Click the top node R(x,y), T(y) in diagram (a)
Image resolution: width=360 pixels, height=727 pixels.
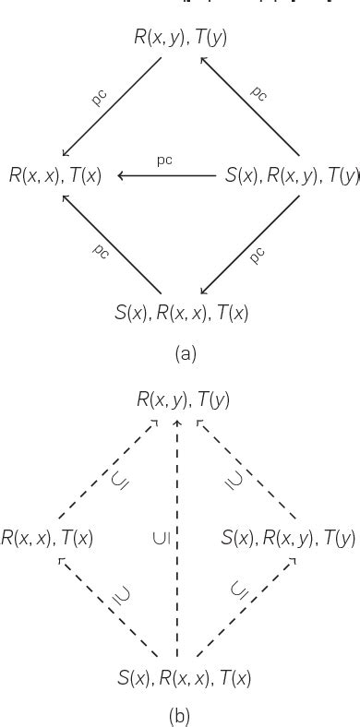[x=181, y=38]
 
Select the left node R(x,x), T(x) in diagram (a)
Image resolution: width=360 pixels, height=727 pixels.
[x=55, y=173]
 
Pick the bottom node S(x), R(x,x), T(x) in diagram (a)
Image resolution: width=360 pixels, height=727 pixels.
[x=181, y=312]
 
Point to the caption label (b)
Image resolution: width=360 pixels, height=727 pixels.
[x=181, y=714]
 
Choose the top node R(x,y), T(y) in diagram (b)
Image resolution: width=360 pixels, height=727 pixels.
[x=183, y=399]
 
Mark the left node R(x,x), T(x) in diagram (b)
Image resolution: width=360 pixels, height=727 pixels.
[x=48, y=537]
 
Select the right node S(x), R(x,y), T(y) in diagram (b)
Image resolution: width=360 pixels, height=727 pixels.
[x=287, y=537]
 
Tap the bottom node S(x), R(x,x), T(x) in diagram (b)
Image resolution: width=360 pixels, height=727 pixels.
[x=185, y=678]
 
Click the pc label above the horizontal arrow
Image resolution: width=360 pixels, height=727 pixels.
[x=164, y=160]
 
